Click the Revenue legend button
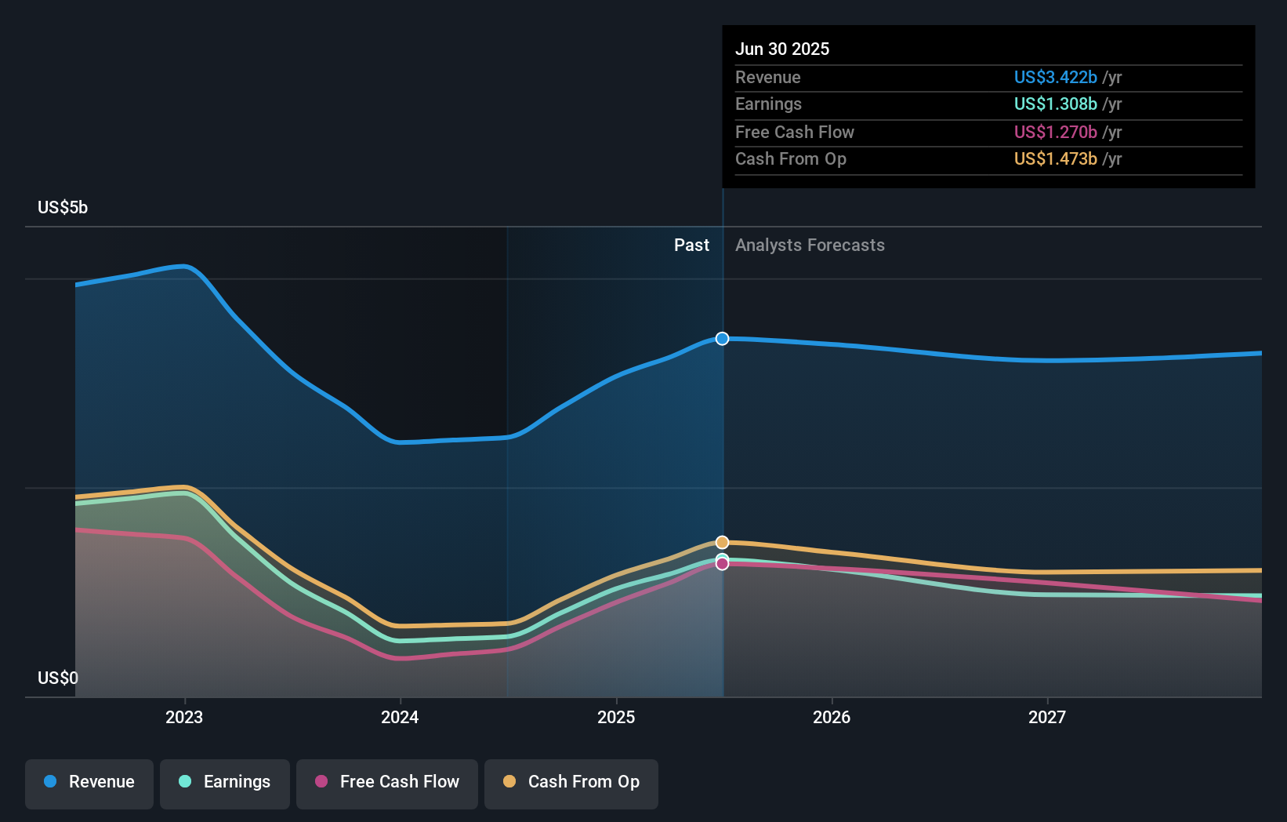point(89,782)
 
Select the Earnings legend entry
point(225,782)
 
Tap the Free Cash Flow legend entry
point(387,782)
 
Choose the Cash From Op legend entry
point(571,782)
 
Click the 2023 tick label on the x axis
point(184,717)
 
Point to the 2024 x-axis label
point(400,717)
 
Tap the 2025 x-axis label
point(616,717)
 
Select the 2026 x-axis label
point(832,717)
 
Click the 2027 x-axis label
point(1047,717)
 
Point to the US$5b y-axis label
point(63,208)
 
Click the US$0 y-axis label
point(58,678)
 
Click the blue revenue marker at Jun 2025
point(722,339)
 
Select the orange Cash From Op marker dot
point(722,543)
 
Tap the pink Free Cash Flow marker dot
point(722,564)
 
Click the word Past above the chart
point(691,246)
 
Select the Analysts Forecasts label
point(810,246)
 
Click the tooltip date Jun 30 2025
point(781,49)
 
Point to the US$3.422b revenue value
point(1055,77)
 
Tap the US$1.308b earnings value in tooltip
point(1055,104)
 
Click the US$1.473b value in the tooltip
point(1055,159)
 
